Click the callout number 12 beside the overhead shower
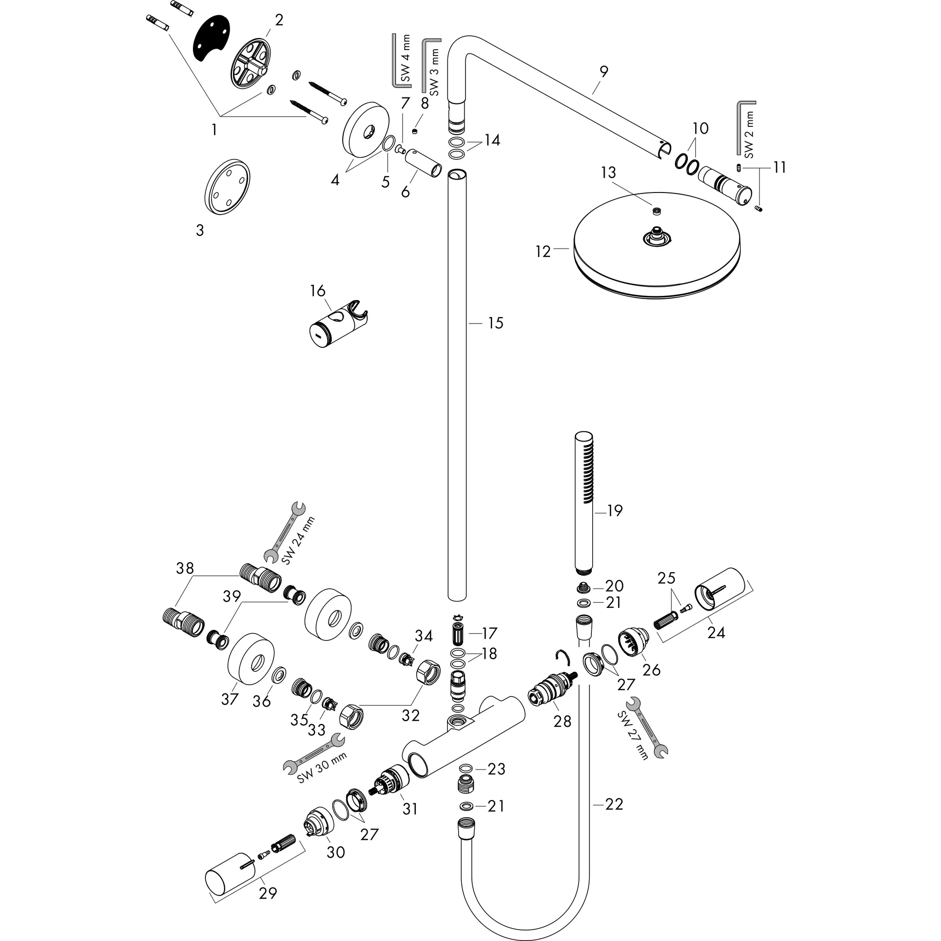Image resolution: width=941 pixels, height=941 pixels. pyautogui.click(x=543, y=252)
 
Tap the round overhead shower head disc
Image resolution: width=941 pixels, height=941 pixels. pyautogui.click(x=658, y=249)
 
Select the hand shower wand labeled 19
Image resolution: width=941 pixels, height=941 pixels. pyautogui.click(x=584, y=502)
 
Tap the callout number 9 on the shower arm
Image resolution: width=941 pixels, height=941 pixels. pyautogui.click(x=603, y=72)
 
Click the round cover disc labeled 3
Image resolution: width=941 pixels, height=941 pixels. pyautogui.click(x=227, y=187)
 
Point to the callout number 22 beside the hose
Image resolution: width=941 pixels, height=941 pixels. pyautogui.click(x=614, y=804)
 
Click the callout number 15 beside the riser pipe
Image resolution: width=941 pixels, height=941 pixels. pyautogui.click(x=495, y=323)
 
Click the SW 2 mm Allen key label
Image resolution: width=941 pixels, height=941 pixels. pyautogui.click(x=749, y=135)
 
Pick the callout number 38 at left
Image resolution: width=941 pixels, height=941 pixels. pyautogui.click(x=185, y=568)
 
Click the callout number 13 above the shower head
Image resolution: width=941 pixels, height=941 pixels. pyautogui.click(x=608, y=172)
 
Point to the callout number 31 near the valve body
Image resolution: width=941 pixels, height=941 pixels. pyautogui.click(x=410, y=809)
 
